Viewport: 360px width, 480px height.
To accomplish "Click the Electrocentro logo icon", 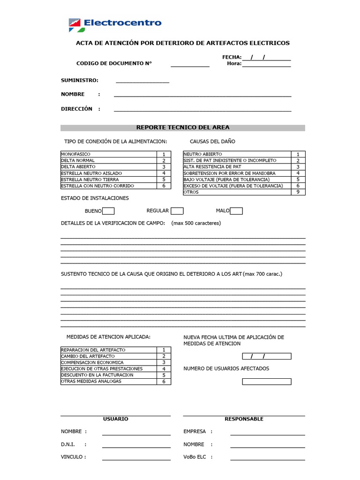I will (x=74, y=24).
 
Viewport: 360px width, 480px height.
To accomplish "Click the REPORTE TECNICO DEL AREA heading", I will (x=183, y=127).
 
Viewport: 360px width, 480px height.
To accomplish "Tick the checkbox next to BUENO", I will (x=108, y=211).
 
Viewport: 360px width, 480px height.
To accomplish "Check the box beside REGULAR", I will (x=177, y=211).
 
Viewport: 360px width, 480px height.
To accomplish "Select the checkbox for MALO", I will (x=236, y=211).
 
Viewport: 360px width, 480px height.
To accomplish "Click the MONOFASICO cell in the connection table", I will (x=108, y=154).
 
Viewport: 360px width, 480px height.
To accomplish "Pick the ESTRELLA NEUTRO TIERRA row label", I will (x=108, y=180).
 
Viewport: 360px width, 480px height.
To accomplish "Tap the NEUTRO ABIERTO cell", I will (x=237, y=154).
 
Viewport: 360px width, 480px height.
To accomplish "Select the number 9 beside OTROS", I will (x=298, y=192).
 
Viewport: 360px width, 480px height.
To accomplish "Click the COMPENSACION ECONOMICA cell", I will (x=108, y=362).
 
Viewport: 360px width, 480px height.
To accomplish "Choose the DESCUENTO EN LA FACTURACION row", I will (x=108, y=375).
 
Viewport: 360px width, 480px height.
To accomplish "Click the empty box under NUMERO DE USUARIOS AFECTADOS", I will (x=266, y=382).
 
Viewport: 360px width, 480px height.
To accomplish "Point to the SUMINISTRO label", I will (x=80, y=81).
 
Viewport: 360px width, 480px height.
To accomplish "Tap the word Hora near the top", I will (x=233, y=64).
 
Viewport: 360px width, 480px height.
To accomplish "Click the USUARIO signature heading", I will (x=115, y=419).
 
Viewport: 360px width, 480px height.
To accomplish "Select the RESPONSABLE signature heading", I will (x=244, y=419).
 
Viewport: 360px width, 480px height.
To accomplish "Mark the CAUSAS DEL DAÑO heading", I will (x=212, y=142).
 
